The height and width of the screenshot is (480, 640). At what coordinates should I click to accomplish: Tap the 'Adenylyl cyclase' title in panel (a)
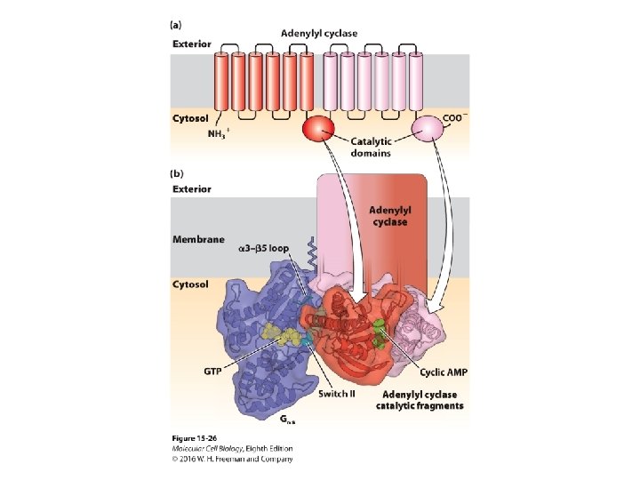[319, 34]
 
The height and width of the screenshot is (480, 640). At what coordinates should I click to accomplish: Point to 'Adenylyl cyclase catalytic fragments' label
[421, 400]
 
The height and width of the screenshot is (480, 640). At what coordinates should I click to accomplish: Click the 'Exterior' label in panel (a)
[191, 43]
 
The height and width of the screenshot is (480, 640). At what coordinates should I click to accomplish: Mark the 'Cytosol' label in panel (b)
[190, 284]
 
